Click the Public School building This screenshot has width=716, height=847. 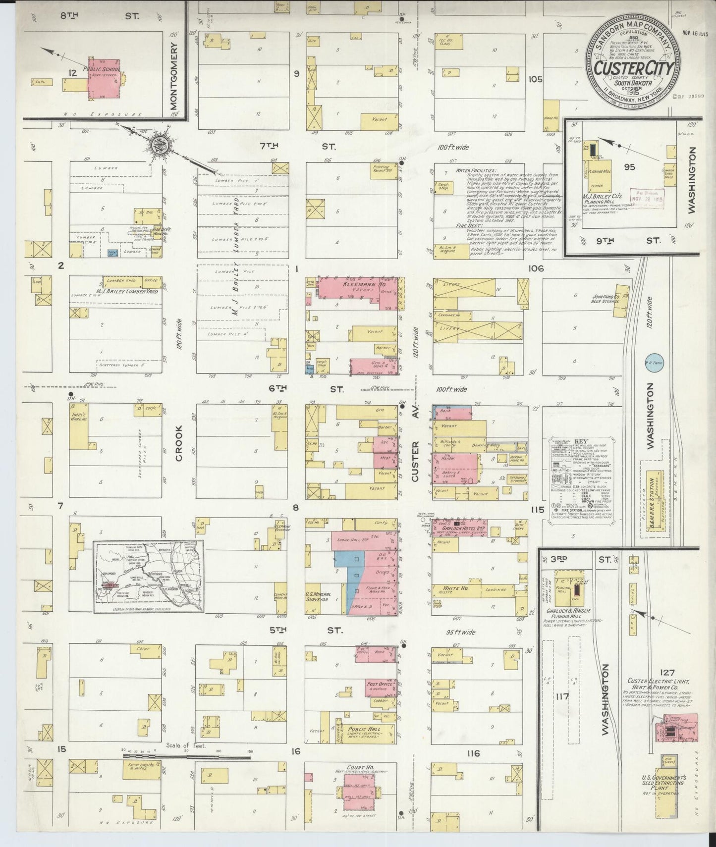(x=104, y=82)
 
